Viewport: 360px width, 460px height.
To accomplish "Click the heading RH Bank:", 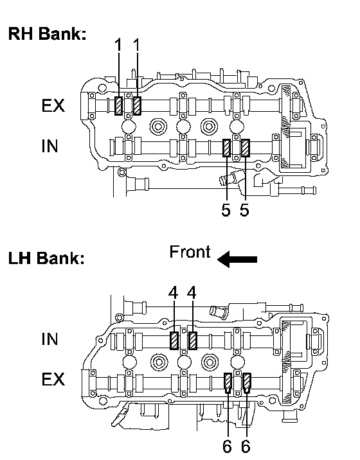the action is pos(47,33).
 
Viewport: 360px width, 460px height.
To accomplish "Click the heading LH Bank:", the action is pos(46,258).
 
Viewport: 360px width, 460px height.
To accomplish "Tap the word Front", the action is pos(190,252).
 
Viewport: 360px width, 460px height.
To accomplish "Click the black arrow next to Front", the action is pos(237,260).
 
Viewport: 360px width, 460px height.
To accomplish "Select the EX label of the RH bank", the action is pos(53,105).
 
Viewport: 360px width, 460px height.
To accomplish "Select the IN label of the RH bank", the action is pos(50,146).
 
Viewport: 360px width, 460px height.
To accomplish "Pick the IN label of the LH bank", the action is pos(50,339).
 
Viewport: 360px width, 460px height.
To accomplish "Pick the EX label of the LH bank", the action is pos(53,379).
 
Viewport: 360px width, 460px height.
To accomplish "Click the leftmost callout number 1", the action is pos(118,45).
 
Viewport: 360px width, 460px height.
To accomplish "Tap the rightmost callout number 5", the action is pos(244,210).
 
